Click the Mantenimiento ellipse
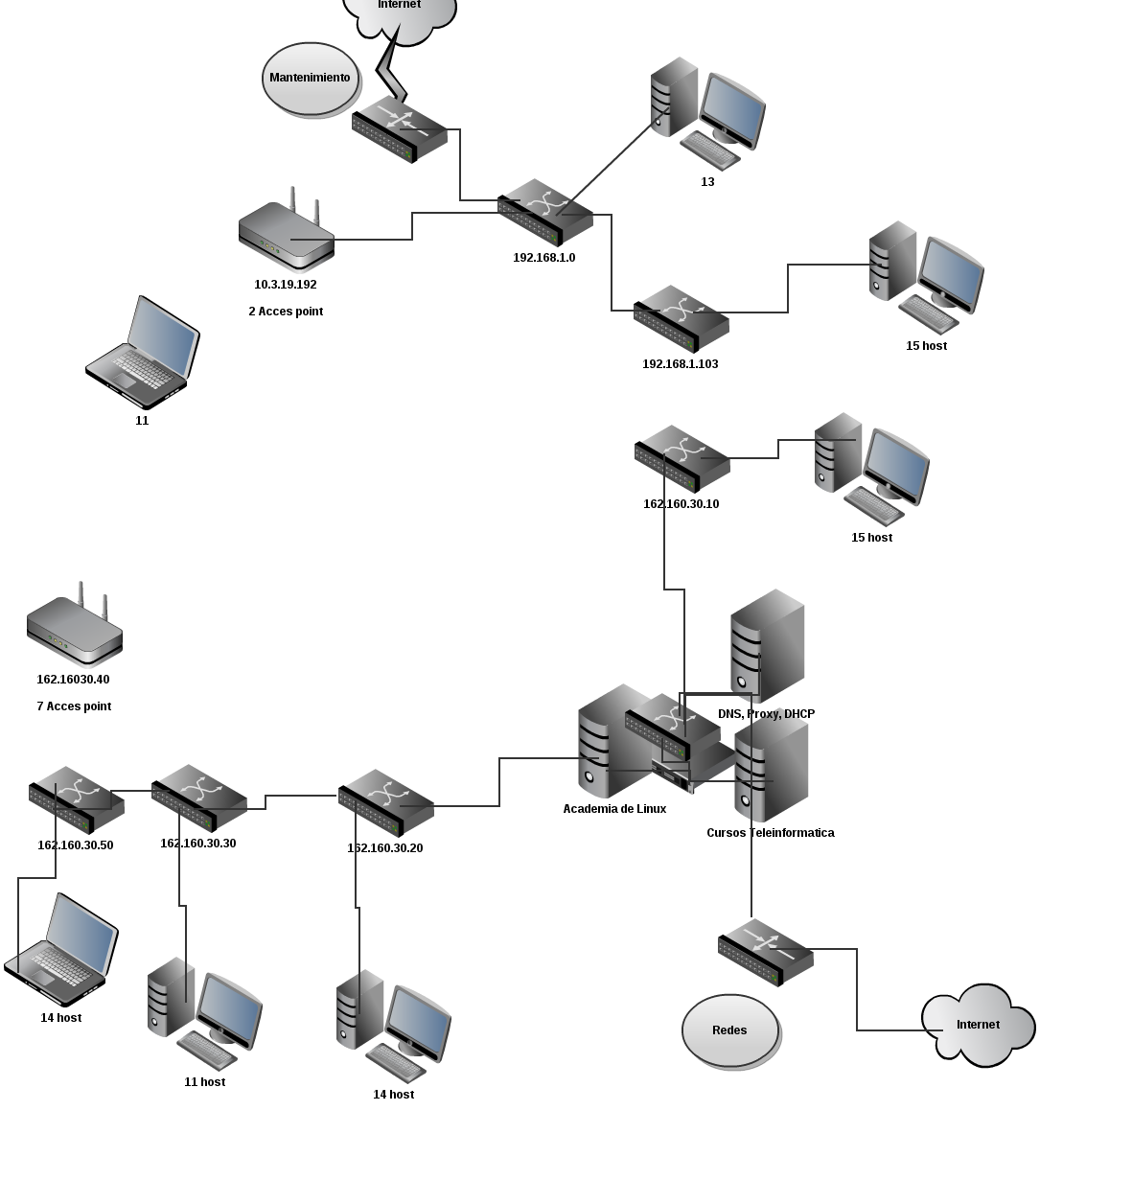[311, 79]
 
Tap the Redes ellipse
[730, 1030]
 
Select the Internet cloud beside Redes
[979, 1026]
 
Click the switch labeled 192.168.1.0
[545, 212]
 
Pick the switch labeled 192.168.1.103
[681, 318]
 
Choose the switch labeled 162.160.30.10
[682, 458]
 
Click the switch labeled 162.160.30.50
[77, 799]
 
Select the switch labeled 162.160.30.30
[198, 798]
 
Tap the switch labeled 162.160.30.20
[386, 803]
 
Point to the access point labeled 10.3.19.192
[287, 229]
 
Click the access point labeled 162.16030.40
[75, 624]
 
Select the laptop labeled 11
[143, 353]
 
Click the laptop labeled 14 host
[60, 950]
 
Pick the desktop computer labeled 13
[707, 114]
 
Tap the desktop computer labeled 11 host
[205, 1014]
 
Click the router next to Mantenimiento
[400, 129]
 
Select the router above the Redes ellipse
[765, 953]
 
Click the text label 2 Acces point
[286, 312]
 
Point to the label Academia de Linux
[614, 809]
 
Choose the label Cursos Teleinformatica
[770, 833]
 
